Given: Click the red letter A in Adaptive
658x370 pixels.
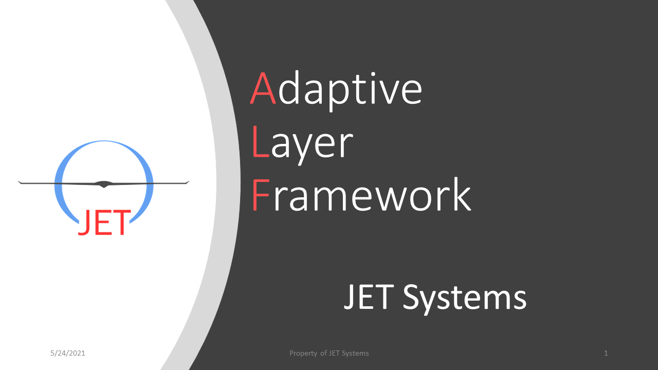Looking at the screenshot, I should pos(263,89).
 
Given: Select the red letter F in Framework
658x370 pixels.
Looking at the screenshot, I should pos(260,195).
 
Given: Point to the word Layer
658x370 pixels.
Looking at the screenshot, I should pos(302,144).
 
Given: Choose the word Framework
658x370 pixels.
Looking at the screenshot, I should pos(361,195).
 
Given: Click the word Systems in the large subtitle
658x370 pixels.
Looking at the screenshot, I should pos(464,298).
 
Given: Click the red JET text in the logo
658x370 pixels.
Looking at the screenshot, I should pos(104,223).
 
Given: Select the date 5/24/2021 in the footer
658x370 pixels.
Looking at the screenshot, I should pos(68,353).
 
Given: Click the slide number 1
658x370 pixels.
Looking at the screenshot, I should pos(606,353).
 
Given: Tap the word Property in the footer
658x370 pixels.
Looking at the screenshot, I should pos(303,354).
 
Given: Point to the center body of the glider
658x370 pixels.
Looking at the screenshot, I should pos(104,183).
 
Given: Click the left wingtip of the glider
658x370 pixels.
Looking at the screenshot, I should pos(20,182).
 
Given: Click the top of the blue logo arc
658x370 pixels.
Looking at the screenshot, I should pos(104,142).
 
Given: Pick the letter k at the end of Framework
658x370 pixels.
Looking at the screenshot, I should pos(460,195).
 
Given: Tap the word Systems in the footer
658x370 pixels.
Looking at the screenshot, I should pos(356,354).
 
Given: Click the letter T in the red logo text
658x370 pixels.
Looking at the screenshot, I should pos(121,223).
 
